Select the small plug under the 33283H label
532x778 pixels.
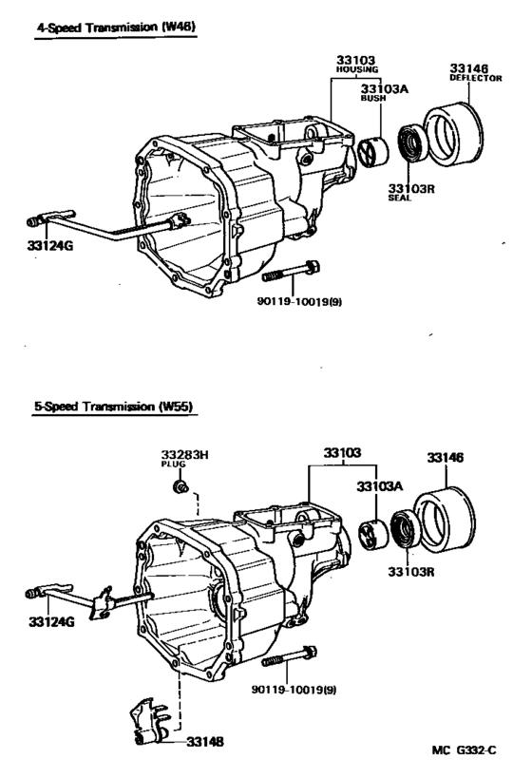177,487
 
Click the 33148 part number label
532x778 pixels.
204,739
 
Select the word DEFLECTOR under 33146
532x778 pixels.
475,79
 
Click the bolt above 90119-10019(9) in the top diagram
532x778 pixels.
291,273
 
